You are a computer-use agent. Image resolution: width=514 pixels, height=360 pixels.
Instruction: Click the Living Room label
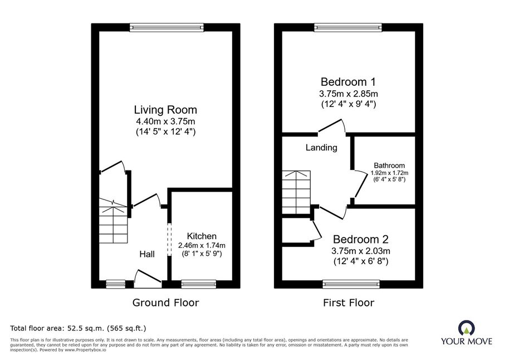point(165,110)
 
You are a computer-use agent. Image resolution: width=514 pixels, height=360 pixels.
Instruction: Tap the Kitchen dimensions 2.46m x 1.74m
point(202,245)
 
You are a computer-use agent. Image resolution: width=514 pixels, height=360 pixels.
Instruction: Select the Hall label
point(147,254)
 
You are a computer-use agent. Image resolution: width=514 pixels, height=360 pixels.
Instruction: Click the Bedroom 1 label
point(348,82)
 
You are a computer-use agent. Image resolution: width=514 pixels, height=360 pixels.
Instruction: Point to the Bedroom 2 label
point(361,239)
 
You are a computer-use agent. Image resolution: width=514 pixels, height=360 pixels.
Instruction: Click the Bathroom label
point(389,166)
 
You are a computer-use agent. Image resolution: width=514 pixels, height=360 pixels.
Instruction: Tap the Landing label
point(321,148)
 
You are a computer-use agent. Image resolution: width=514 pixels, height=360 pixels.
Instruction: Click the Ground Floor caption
point(165,303)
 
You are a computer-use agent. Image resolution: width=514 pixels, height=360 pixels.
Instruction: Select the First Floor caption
point(349,303)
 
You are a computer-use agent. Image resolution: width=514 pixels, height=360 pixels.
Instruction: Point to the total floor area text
point(78,328)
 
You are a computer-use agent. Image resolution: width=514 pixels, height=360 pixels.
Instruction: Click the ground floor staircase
point(113,221)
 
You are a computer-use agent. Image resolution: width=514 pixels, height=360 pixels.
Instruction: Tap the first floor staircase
point(296,192)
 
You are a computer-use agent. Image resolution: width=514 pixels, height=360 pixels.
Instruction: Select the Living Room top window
point(167,27)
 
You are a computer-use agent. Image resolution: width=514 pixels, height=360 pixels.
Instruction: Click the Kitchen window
point(199,284)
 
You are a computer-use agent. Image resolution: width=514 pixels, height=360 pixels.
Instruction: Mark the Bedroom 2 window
point(351,284)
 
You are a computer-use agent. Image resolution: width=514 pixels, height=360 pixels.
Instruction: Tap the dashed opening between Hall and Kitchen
point(169,239)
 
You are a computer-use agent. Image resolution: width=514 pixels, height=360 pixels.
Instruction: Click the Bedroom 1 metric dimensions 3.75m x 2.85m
point(349,94)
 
